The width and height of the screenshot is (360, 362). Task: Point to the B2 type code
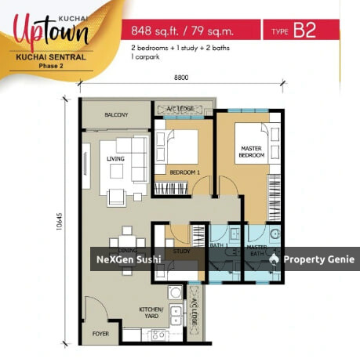[x=307, y=31]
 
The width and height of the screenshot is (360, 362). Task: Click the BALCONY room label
[x=117, y=115]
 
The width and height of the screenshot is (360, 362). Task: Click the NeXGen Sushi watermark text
[x=129, y=259]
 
